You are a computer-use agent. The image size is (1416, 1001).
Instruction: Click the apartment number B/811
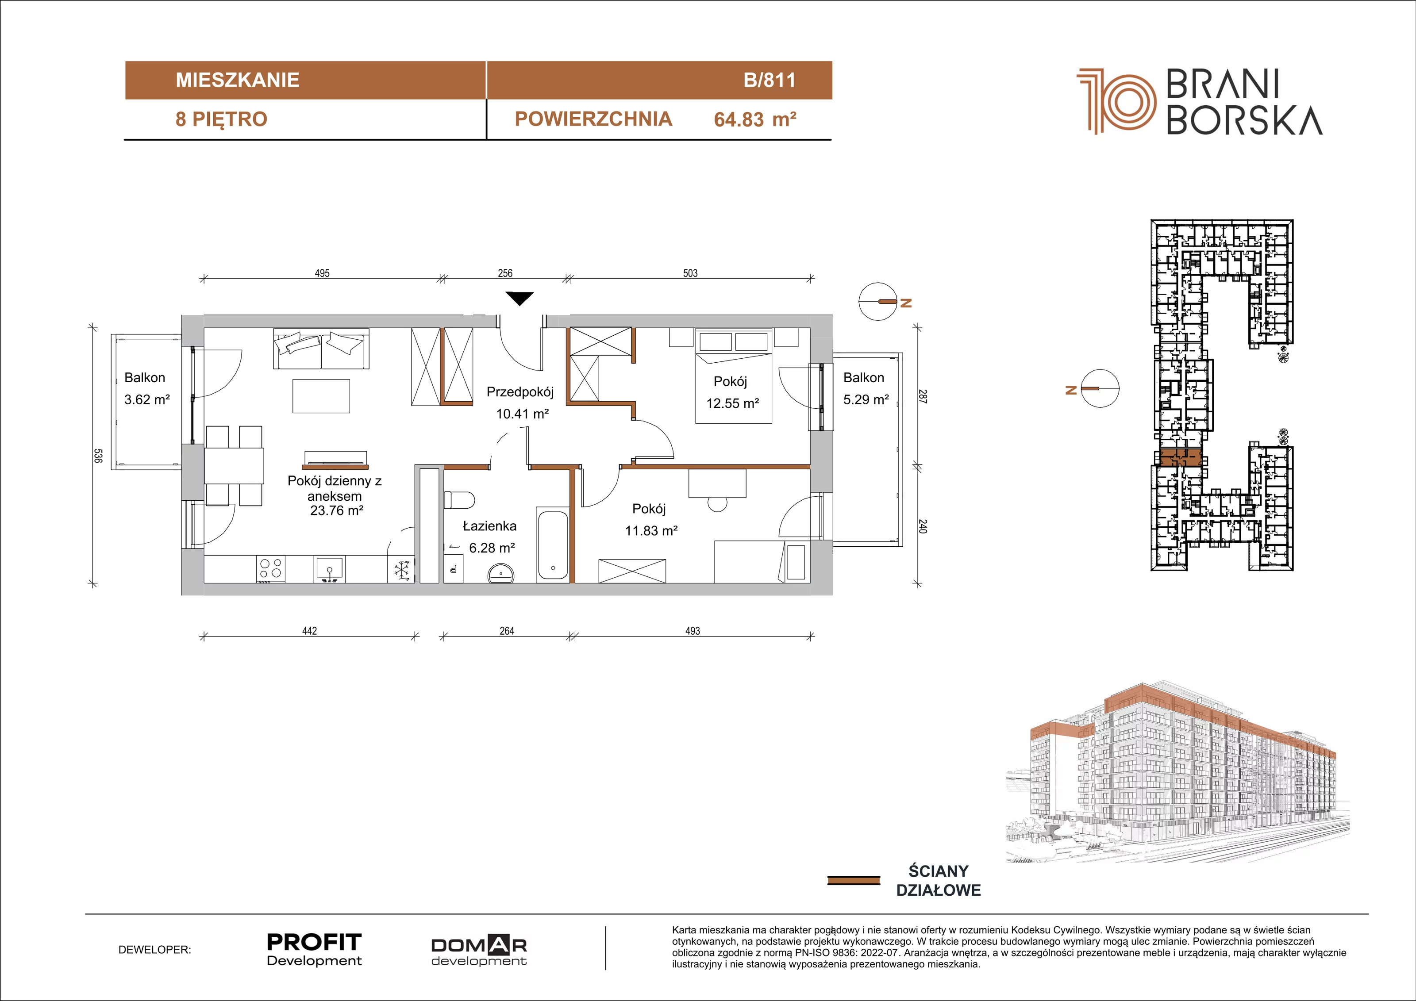(770, 80)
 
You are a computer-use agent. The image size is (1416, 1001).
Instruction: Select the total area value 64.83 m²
(755, 119)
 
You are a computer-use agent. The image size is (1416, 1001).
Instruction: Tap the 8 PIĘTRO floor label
(221, 119)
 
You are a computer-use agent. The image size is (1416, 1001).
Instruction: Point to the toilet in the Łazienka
(459, 499)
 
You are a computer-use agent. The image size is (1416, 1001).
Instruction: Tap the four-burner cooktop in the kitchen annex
(271, 568)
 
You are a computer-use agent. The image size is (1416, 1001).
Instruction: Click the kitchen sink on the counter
(330, 569)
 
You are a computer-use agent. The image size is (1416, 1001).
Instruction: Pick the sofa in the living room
(321, 349)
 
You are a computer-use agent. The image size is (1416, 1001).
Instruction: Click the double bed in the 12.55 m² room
(733, 376)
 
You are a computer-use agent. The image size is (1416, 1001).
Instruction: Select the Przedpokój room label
(520, 392)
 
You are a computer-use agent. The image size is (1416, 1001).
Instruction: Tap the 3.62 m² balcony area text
(147, 399)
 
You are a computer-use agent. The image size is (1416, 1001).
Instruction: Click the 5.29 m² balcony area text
(866, 399)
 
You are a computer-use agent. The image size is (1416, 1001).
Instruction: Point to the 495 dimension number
(322, 273)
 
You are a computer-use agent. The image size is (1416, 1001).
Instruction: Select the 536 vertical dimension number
(97, 456)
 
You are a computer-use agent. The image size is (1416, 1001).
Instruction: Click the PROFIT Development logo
(314, 950)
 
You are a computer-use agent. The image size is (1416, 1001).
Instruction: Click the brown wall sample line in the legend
(853, 880)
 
